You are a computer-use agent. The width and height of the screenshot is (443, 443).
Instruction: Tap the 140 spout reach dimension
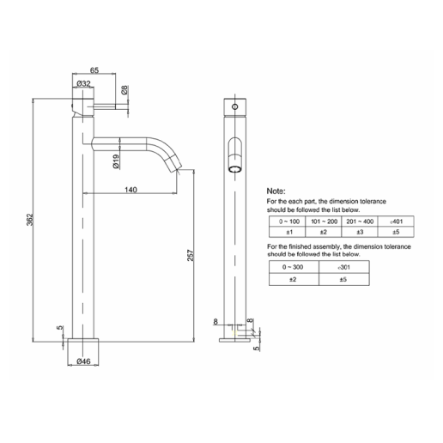(x=130, y=188)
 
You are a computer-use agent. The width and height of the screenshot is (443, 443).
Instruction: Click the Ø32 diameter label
(x=83, y=83)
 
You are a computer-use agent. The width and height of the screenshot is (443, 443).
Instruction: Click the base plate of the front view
(x=234, y=339)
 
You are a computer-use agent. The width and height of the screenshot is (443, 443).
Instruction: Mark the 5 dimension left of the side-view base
(x=59, y=328)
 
